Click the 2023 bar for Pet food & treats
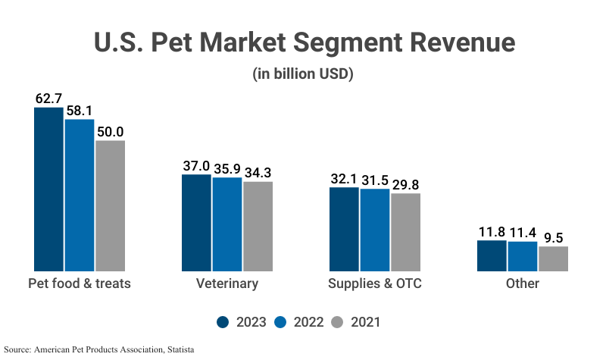tap(48, 189)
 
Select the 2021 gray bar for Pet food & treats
tap(110, 206)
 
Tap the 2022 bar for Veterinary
tap(226, 224)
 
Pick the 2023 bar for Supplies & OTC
tap(344, 230)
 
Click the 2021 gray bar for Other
tap(553, 258)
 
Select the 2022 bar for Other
tap(523, 256)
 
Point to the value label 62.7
tap(48, 99)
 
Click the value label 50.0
tap(110, 132)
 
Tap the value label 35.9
tap(226, 168)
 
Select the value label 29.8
tap(405, 184)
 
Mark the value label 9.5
tap(553, 237)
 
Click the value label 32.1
tap(344, 178)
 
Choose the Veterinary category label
tap(227, 284)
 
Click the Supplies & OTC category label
tap(375, 284)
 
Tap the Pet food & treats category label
tap(80, 284)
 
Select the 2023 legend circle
tap(223, 322)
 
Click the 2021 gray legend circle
tap(338, 322)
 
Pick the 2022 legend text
tap(309, 322)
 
